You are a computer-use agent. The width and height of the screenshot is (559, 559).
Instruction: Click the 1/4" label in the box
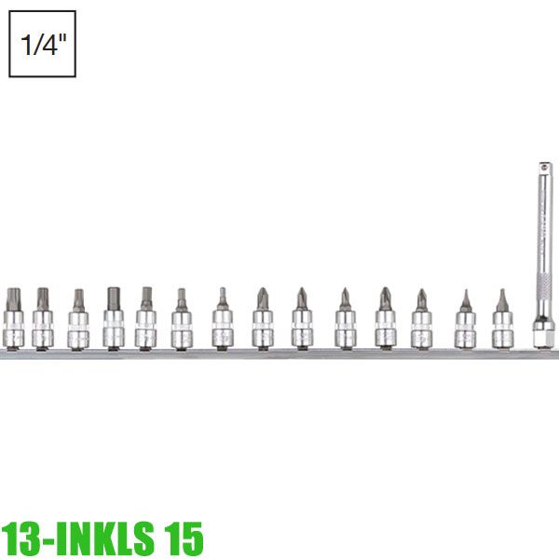point(42,44)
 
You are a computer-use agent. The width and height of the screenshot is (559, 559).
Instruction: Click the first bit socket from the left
point(13,321)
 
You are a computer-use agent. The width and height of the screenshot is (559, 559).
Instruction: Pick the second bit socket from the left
point(42,321)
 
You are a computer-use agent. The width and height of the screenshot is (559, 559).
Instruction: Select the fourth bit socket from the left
point(113,321)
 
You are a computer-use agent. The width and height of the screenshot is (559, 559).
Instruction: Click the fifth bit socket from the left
point(146,322)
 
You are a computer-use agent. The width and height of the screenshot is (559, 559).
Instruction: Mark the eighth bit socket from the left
point(262,322)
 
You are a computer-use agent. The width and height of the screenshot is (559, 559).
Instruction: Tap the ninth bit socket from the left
point(302,322)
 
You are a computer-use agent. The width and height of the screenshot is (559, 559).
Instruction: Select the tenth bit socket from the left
point(345,322)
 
